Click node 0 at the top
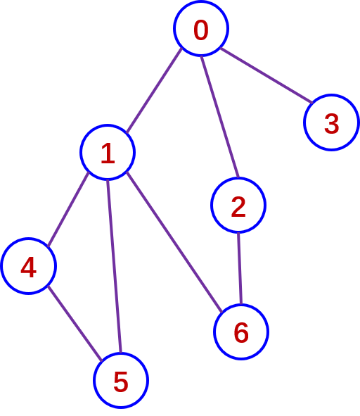(x=201, y=28)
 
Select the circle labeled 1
(x=108, y=152)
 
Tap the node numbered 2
(x=238, y=205)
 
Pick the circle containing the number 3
(x=331, y=122)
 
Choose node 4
(x=28, y=266)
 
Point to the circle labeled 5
(x=121, y=380)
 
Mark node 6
(x=241, y=332)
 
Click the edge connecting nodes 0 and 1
(x=154, y=90)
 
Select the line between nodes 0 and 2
(x=220, y=117)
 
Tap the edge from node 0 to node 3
(x=266, y=75)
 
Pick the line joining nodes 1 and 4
(x=68, y=209)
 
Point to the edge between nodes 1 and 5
(x=114, y=266)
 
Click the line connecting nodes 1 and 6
(x=174, y=241)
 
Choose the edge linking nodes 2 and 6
(x=240, y=268)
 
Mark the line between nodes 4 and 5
(x=75, y=323)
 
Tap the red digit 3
(x=331, y=123)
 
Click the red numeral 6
(x=241, y=333)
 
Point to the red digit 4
(x=28, y=267)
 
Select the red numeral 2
(x=238, y=207)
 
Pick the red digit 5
(x=121, y=382)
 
